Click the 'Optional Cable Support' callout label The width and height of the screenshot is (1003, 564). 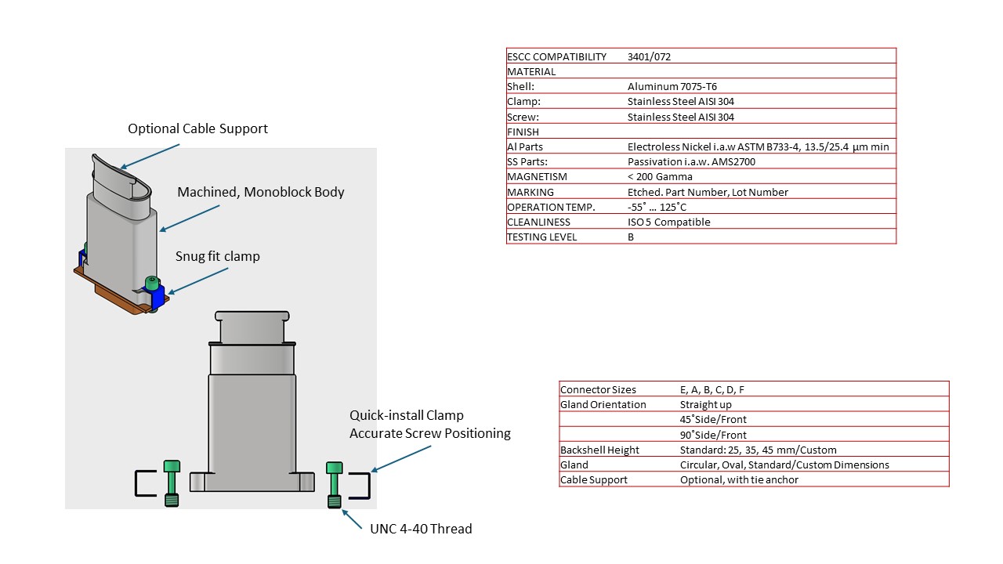point(197,129)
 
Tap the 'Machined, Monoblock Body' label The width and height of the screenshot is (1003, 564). point(261,192)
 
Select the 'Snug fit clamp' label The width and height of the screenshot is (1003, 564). point(218,256)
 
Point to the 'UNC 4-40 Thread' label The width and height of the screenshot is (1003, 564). point(421,529)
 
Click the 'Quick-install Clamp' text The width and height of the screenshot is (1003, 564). point(407,415)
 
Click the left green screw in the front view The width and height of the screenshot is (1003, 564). point(172,483)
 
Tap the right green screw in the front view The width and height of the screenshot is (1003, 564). point(335,485)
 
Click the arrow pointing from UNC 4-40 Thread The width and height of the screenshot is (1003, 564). point(352,519)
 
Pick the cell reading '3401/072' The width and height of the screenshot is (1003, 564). point(649,57)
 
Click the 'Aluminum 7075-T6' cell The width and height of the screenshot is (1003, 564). point(672,87)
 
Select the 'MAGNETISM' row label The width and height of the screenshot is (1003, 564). point(537,177)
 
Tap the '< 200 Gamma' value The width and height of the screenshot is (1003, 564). point(660,177)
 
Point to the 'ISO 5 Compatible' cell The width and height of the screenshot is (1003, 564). point(668,222)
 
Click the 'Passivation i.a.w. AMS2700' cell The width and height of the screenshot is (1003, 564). point(691,161)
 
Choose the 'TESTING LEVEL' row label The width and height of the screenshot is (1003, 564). point(541,237)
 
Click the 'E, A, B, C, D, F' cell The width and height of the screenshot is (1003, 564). point(712,390)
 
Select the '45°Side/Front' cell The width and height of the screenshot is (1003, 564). point(713,419)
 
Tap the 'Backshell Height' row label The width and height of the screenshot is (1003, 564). point(599,450)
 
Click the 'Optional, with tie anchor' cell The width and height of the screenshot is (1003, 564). point(739,480)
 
